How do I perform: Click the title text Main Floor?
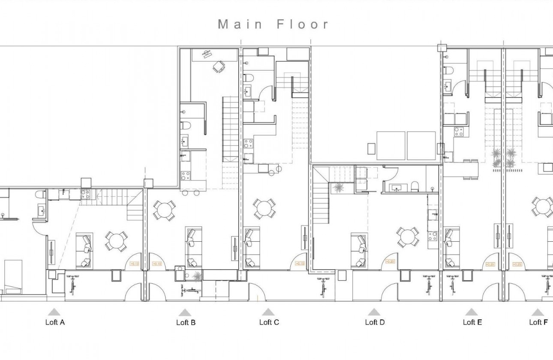[x=273, y=24]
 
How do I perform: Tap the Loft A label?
[x=55, y=322]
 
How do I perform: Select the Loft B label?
[x=186, y=322]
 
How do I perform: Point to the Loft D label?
[x=375, y=322]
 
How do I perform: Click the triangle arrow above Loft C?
[x=268, y=312]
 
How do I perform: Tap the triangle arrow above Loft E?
[x=471, y=312]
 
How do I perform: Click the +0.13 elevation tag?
[x=134, y=264]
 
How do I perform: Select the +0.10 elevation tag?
[x=157, y=264]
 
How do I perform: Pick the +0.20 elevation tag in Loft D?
[x=390, y=262]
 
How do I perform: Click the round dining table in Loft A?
[x=116, y=241]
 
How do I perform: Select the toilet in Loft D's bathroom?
[x=414, y=186]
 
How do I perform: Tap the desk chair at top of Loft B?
[x=219, y=66]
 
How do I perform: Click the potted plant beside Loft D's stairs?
[x=338, y=187]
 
